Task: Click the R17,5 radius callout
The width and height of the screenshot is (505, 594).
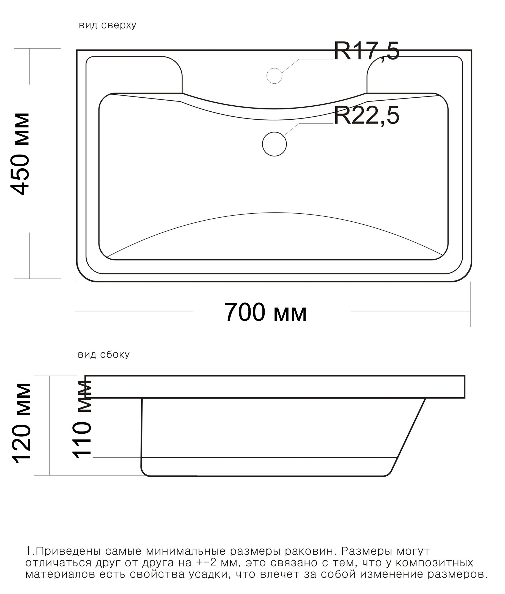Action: tap(366, 51)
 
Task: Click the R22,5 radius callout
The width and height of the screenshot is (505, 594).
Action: tap(366, 116)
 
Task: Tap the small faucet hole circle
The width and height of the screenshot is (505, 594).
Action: tap(274, 76)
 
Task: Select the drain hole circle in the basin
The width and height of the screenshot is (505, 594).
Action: tap(274, 144)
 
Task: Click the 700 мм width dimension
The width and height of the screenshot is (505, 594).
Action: tap(266, 312)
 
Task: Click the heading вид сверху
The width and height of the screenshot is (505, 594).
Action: tap(107, 25)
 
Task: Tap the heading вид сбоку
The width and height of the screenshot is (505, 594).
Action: tap(104, 355)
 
